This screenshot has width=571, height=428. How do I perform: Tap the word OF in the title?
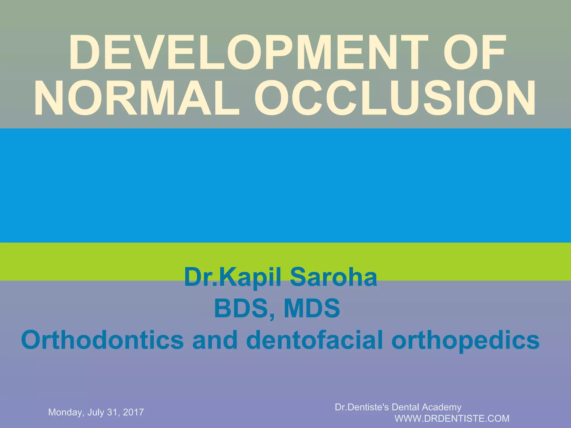[x=474, y=53]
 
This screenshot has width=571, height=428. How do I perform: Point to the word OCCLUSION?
[x=395, y=98]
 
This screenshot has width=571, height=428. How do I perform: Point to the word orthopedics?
[x=466, y=340]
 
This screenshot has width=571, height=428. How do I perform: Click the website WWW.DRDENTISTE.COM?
[x=452, y=419]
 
